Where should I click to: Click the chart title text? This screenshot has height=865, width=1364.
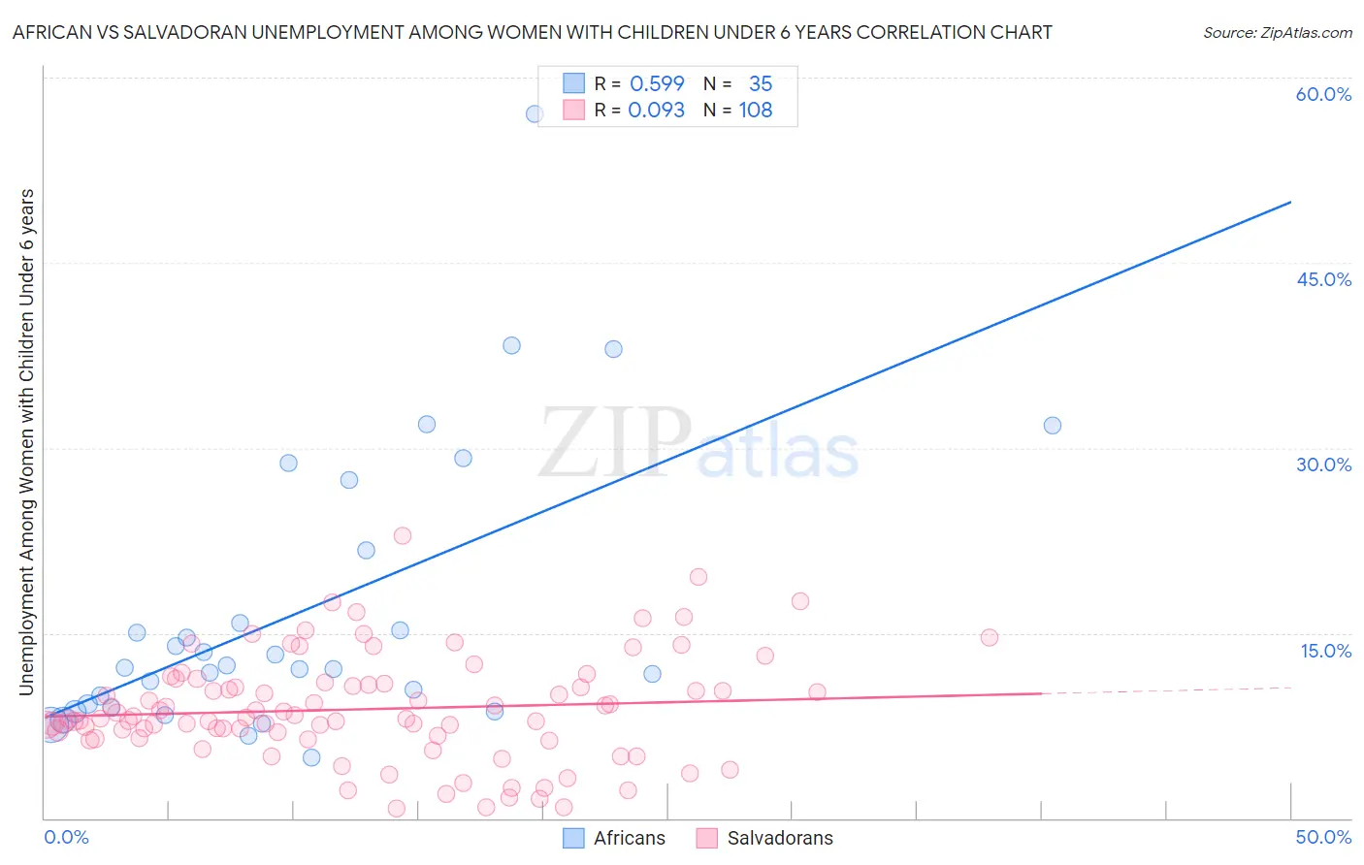(532, 32)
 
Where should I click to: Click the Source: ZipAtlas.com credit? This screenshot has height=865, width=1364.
(1277, 32)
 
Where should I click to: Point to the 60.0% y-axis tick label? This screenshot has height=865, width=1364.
(1323, 94)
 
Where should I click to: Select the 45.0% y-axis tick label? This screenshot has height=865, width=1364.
(1323, 279)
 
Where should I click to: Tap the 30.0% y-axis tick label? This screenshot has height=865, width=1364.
(1323, 465)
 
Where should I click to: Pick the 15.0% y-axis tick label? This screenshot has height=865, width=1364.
(1325, 651)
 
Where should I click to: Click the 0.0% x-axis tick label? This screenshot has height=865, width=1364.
(66, 837)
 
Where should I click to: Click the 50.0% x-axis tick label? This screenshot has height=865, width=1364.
(1323, 837)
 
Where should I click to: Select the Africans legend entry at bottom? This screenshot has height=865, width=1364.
(614, 838)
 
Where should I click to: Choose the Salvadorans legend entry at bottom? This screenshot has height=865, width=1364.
(764, 838)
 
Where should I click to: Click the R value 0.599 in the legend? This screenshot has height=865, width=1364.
(657, 83)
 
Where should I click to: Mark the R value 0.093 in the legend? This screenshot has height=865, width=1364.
(657, 110)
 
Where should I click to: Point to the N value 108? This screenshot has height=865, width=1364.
(755, 110)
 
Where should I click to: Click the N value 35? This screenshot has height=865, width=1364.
(761, 83)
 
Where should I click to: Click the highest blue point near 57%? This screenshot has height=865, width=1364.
(535, 113)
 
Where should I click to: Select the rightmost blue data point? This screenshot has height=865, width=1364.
(1053, 426)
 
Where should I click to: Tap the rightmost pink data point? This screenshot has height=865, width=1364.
(990, 637)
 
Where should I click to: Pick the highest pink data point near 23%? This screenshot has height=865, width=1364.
(403, 535)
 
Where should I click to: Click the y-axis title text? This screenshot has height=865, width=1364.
(27, 442)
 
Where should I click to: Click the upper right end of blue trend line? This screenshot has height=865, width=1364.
(1290, 202)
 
